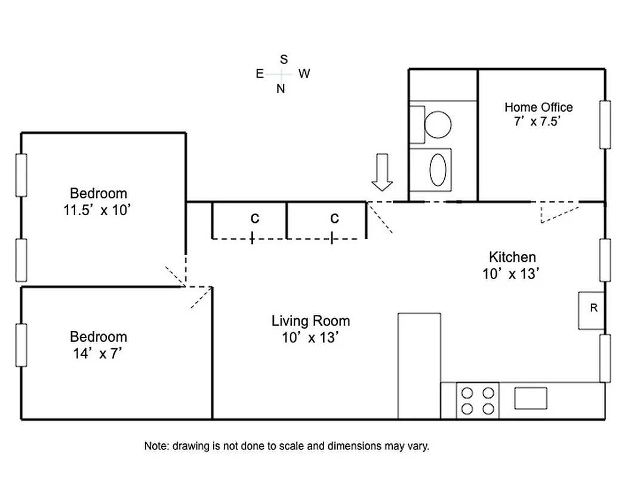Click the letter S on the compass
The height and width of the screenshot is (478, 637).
pos(284,59)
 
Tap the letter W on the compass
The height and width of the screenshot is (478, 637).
pos(304,73)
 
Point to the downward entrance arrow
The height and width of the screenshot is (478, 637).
pos(382,172)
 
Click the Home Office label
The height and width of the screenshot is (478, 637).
pos(538,107)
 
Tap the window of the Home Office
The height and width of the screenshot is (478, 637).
pos(605,124)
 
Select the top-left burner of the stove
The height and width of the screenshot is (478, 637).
pos(467,393)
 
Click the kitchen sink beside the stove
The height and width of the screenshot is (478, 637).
pos(530,398)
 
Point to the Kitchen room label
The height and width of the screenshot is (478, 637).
pos(512,257)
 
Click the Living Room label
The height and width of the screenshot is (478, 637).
pos(310,321)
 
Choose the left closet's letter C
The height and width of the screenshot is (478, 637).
pos(255,219)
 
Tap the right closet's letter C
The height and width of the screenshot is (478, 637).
pos(334,219)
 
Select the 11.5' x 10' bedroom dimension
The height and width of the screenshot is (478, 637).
pos(98,210)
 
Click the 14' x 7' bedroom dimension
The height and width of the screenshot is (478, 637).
pos(98,354)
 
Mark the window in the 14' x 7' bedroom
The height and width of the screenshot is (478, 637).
pos(21,345)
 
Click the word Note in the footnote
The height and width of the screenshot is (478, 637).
pos(156,446)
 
